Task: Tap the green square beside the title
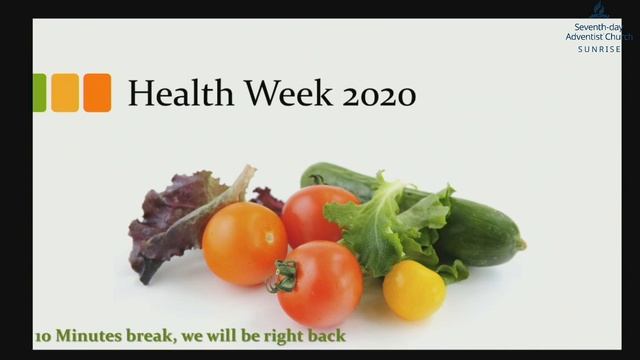(x=39, y=93)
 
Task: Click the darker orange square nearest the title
(x=97, y=93)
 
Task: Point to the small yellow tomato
(x=414, y=290)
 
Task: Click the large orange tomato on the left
(x=244, y=243)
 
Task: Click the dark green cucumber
(x=480, y=225)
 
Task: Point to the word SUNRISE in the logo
(x=599, y=49)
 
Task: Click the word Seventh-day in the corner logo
(x=599, y=27)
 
